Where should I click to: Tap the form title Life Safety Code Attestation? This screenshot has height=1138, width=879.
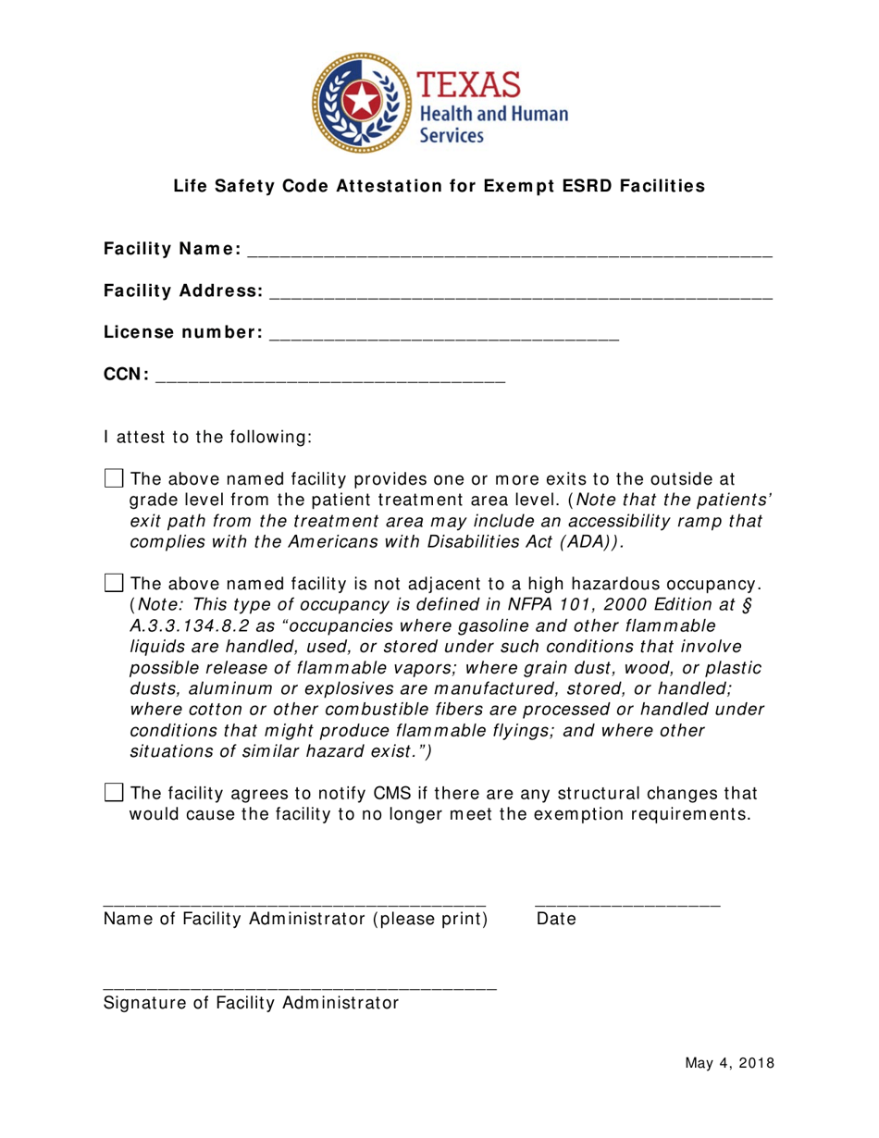[x=439, y=186]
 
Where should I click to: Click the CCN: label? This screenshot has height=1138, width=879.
[x=126, y=375]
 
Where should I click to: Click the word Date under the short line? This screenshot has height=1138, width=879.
[x=555, y=920]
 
